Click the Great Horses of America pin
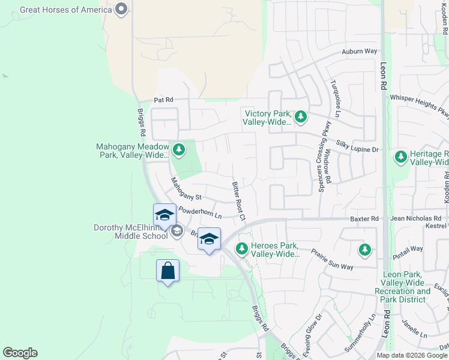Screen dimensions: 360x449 121,8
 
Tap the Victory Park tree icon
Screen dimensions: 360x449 300,116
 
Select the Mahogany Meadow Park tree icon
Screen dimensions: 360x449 178,149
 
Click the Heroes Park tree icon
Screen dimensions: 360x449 243,248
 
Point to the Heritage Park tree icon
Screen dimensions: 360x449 400,157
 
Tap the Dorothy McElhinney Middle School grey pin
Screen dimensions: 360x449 176,231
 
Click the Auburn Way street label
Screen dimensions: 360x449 359,52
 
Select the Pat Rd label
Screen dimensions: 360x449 163,100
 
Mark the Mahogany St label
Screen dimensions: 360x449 187,193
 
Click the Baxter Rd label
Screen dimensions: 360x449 365,219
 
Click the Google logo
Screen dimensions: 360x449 20,353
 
